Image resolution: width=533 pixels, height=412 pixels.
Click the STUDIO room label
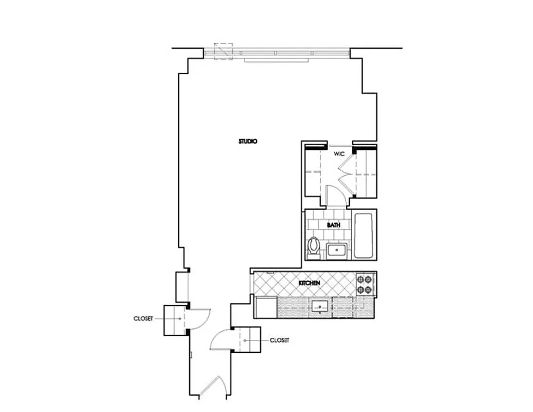248,141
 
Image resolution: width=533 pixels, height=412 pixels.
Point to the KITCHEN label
310,283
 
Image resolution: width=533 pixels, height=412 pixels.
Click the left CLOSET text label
143,319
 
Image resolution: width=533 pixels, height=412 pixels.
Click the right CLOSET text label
279,340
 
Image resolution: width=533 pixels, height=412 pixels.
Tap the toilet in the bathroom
313,247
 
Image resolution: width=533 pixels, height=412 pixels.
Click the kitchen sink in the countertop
320,307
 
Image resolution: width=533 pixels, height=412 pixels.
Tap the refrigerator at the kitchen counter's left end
266,307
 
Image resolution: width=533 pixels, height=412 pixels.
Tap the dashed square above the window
223,51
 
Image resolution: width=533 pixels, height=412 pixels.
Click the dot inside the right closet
246,340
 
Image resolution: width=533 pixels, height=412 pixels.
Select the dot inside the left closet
180,319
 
